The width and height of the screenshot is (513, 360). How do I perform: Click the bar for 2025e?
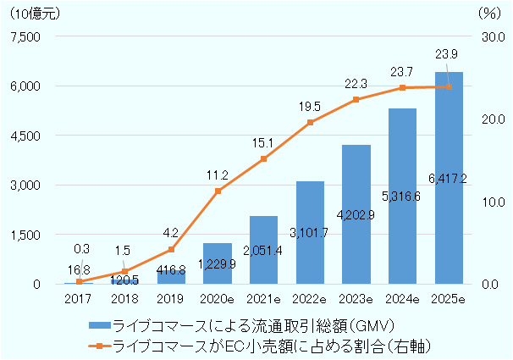(x=449, y=178)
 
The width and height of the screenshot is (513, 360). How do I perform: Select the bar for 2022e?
(x=310, y=232)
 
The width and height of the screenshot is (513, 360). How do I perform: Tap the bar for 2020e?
(x=218, y=263)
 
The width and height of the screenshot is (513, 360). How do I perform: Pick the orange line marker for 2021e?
(x=264, y=159)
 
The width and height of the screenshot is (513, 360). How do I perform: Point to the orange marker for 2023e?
(x=356, y=100)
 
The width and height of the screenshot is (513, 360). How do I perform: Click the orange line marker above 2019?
(x=171, y=249)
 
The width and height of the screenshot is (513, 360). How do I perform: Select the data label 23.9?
(x=449, y=54)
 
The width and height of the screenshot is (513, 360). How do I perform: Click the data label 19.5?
(x=310, y=107)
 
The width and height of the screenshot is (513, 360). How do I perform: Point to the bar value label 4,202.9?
(x=356, y=214)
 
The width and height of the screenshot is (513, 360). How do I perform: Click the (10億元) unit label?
(x=33, y=13)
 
